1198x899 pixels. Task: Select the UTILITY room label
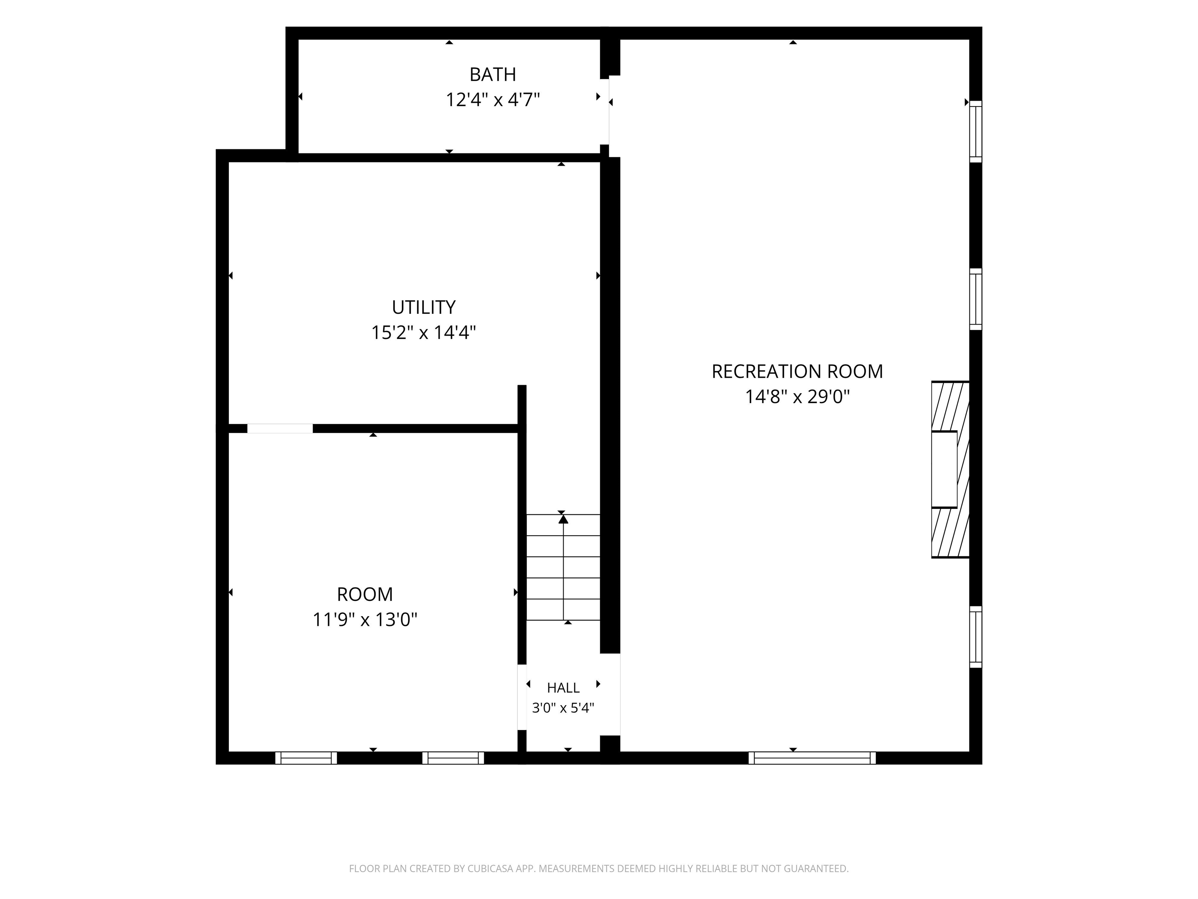[x=424, y=307]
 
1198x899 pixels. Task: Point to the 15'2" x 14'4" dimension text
[x=424, y=332]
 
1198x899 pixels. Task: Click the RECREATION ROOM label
[x=797, y=372]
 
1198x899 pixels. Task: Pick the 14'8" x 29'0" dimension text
[x=797, y=397]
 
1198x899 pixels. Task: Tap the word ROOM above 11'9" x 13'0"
[x=365, y=595]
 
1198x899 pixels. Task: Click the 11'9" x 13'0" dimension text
[x=365, y=619]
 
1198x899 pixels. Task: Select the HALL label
[x=563, y=688]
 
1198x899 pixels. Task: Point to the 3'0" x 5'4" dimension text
[x=563, y=708]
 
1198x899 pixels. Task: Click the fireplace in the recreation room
[x=950, y=469]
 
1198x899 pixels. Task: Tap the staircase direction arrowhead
[x=563, y=519]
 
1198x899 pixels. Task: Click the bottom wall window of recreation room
[x=812, y=758]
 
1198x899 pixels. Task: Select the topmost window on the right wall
[x=975, y=131]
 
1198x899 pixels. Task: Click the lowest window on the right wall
[x=975, y=637]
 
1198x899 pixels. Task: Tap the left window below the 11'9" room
[x=306, y=758]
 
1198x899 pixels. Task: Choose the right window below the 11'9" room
[x=453, y=758]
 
